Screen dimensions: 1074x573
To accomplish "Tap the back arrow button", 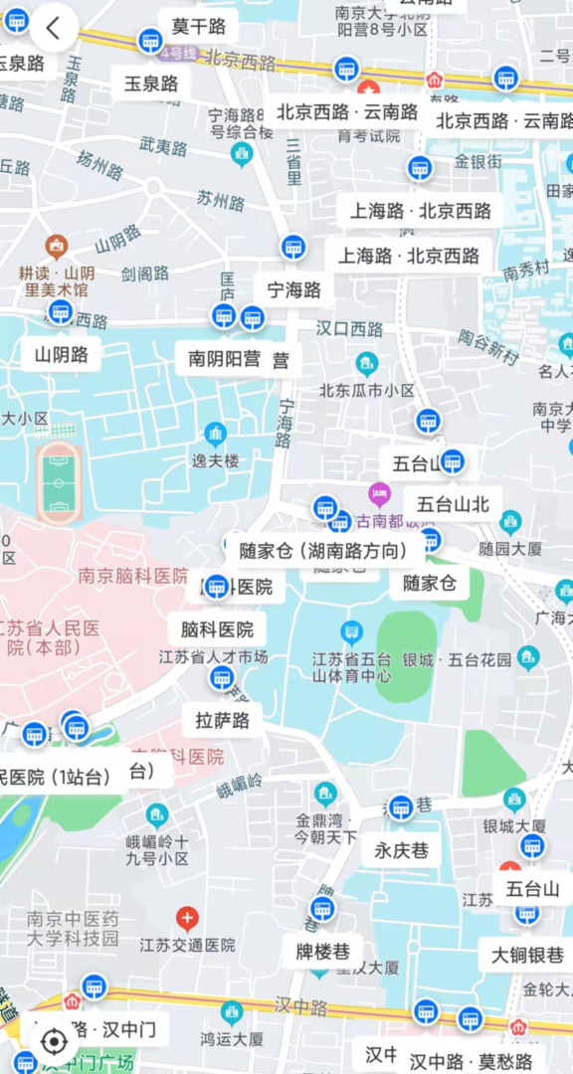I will pos(54,29).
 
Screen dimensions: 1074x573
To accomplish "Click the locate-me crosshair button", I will pos(54,1041).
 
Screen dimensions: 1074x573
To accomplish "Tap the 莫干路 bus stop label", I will pos(198,27).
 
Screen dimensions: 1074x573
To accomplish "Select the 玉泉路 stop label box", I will pos(151,84).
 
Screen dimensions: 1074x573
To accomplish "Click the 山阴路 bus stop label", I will pos(62,354).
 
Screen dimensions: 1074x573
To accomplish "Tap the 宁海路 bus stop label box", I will pos(294,290).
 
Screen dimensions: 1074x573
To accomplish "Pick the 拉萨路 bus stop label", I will pos(222,720).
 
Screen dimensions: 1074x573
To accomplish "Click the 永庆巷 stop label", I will pos(401,850).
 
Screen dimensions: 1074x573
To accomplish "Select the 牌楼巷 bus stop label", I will pos(322,952).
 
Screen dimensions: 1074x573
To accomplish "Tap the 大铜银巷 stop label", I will pos(527,956).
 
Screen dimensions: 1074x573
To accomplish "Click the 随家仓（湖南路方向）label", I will pos(324,550).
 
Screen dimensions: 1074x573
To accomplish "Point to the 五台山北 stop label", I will pos(453,504).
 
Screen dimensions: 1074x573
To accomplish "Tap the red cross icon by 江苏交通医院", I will pos(187,918).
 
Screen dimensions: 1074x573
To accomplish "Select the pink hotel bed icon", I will pos(379,492).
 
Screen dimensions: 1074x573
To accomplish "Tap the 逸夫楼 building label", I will pos(216,460).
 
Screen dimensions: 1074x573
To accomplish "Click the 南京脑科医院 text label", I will pos(132,575).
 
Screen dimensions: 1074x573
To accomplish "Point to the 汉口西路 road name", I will pos(349,328).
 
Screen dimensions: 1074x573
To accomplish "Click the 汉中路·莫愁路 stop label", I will pos(471,1061).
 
